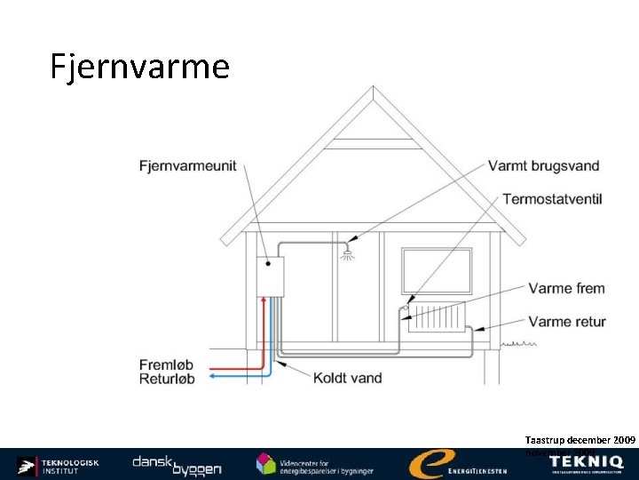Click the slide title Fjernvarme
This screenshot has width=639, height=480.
coord(140,67)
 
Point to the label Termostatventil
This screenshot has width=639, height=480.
coord(552,199)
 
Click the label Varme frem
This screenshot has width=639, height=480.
coord(566,288)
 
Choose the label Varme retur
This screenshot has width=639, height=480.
coord(567,321)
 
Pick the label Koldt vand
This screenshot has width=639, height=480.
coord(347,378)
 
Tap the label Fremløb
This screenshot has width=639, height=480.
coord(166,364)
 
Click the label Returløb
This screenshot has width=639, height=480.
coord(166,379)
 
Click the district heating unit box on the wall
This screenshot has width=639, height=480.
coord(269,276)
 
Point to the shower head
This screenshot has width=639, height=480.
coord(347,253)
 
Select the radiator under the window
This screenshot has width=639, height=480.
coord(436,316)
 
